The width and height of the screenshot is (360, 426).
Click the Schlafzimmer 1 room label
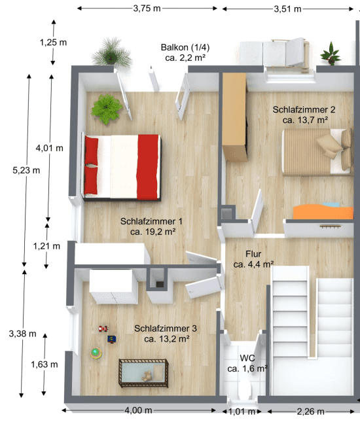click(151, 226)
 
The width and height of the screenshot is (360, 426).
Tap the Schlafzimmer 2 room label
click(304, 115)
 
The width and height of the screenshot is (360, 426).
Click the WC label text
click(247, 363)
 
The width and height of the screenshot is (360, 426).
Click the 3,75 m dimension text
click(147, 9)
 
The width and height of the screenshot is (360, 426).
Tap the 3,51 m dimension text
click(287, 9)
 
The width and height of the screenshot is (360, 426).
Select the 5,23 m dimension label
click(26, 169)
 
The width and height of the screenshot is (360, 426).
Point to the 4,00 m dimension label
click(138, 410)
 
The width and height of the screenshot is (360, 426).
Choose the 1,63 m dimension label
click(45, 364)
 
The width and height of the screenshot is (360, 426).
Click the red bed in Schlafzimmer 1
click(122, 166)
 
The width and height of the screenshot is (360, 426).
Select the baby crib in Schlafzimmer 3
click(143, 373)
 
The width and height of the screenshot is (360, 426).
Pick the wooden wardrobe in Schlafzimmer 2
click(234, 118)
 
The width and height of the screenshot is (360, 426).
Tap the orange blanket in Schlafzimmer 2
click(321, 211)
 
